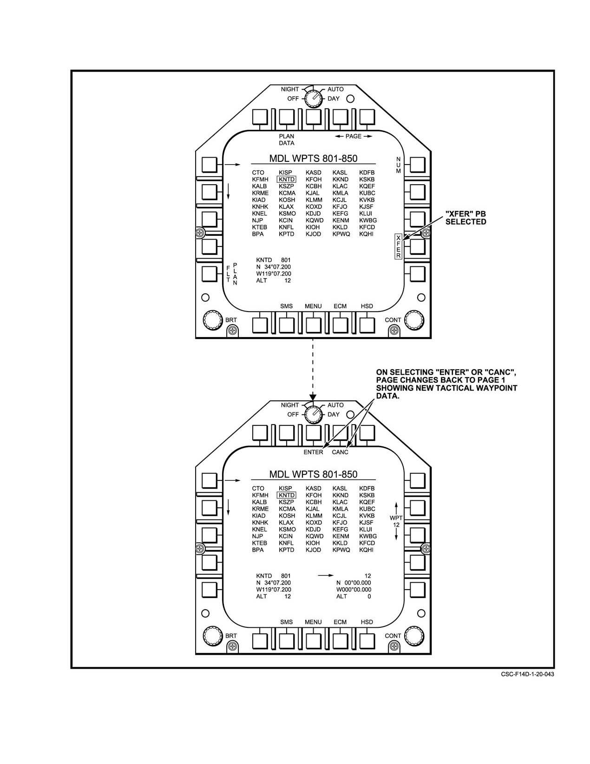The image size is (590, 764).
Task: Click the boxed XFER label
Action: [398, 246]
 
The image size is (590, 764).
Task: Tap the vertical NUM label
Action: [398, 165]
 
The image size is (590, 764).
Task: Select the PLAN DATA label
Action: [287, 140]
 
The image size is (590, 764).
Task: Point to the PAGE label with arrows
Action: [353, 136]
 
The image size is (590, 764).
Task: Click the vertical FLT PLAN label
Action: [232, 274]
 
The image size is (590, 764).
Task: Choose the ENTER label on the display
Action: [313, 452]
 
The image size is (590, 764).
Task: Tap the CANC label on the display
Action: [340, 452]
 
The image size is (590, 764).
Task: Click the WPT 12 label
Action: [396, 521]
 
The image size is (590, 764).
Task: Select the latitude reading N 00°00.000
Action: [354, 583]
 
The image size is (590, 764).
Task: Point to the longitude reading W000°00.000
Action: [354, 590]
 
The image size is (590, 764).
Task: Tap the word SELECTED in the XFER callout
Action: [465, 222]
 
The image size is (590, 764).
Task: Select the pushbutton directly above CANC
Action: [340, 433]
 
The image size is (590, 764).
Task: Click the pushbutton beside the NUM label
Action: [418, 165]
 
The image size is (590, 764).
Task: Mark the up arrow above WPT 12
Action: [396, 508]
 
